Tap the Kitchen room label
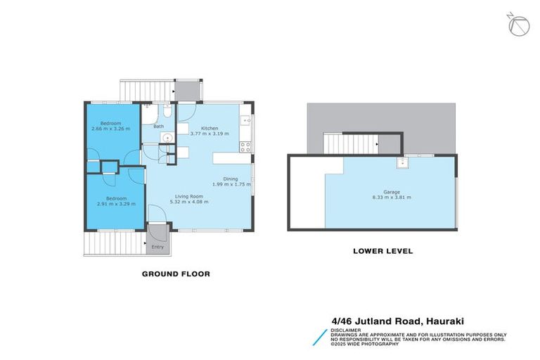(x=210, y=128)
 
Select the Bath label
(x=159, y=127)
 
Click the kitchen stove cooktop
(x=245, y=147)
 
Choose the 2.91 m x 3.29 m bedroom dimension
(x=116, y=204)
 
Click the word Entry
(x=157, y=247)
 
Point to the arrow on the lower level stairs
(x=379, y=146)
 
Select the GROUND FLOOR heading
(x=176, y=274)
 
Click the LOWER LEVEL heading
(x=382, y=250)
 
